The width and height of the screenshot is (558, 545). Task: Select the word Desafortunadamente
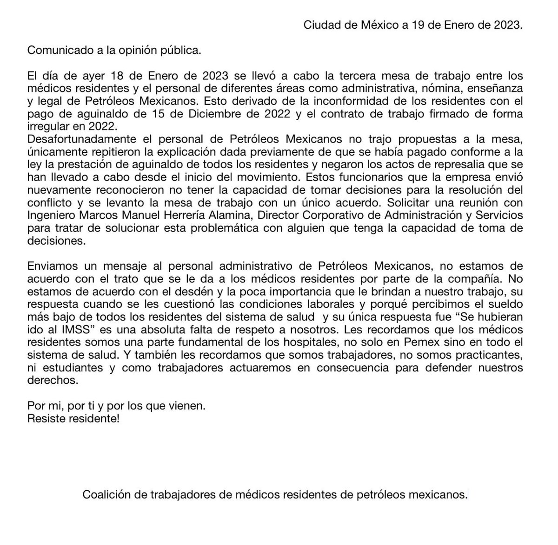pyautogui.click(x=80, y=139)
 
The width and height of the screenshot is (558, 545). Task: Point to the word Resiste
pyautogui.click(x=44, y=419)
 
